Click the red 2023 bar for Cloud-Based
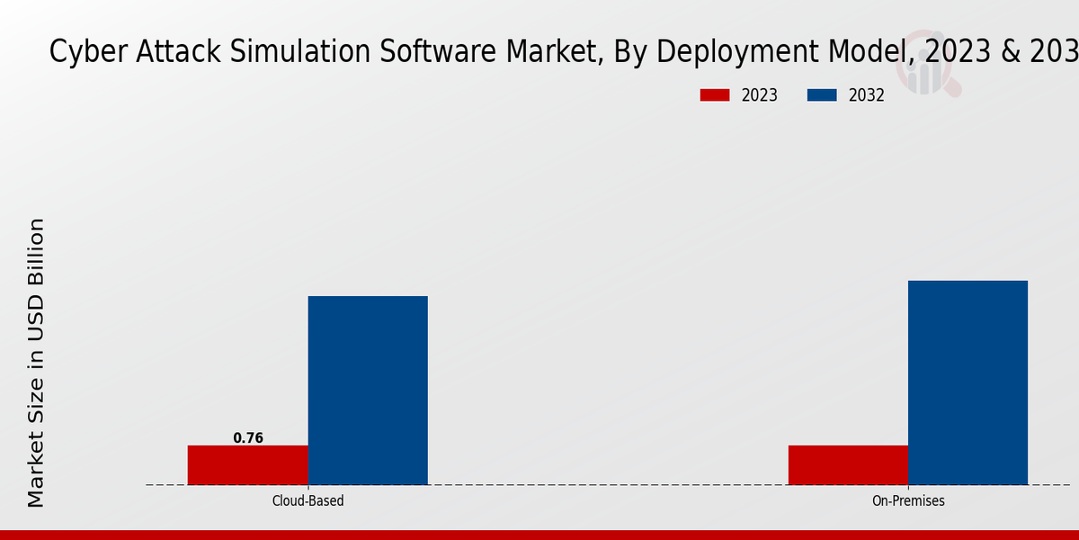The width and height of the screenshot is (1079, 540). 247,464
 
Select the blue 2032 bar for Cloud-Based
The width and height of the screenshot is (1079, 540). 368,390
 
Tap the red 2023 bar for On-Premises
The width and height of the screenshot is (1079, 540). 848,464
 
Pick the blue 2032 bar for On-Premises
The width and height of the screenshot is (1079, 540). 968,382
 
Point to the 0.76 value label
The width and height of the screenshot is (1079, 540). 248,438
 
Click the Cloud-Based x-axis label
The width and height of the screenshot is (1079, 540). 308,500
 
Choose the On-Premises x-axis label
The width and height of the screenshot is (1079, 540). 908,500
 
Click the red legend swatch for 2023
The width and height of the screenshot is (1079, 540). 715,95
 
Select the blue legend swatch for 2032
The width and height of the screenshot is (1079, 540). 822,95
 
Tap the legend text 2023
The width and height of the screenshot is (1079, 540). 760,95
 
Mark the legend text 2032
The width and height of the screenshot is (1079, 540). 867,95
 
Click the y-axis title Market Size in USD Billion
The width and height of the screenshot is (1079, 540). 36,362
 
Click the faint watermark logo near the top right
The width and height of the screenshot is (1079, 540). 931,72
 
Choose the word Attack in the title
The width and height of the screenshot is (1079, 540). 167,52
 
